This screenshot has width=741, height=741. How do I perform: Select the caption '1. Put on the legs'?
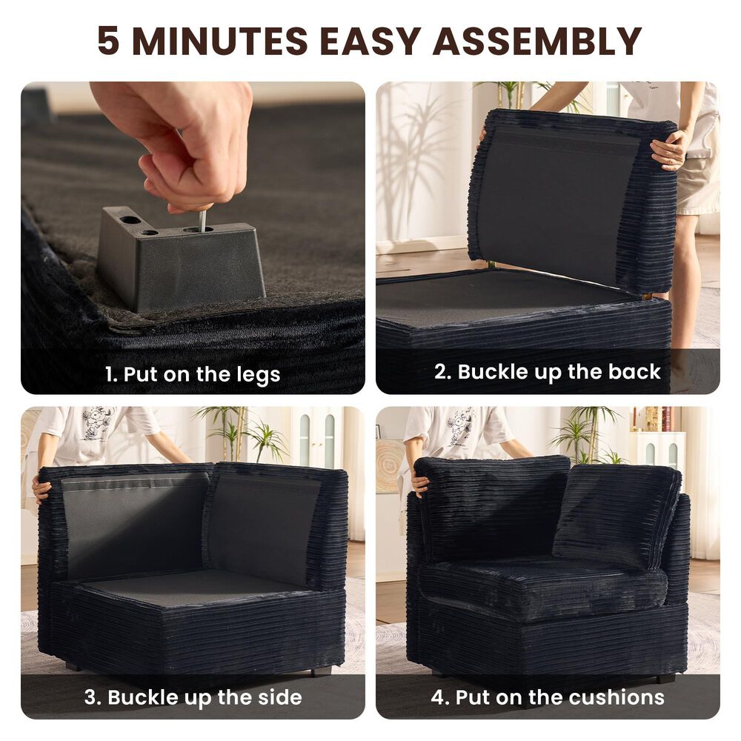click(x=193, y=373)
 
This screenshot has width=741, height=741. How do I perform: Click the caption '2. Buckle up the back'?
click(x=547, y=371)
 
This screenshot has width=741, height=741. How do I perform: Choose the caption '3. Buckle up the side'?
click(x=193, y=697)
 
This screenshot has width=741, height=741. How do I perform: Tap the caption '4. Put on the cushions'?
click(x=548, y=697)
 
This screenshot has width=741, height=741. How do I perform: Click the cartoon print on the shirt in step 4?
click(x=459, y=425)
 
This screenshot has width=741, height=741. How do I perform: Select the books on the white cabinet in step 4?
click(x=652, y=419)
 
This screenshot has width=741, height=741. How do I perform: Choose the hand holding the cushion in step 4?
click(x=421, y=485)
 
